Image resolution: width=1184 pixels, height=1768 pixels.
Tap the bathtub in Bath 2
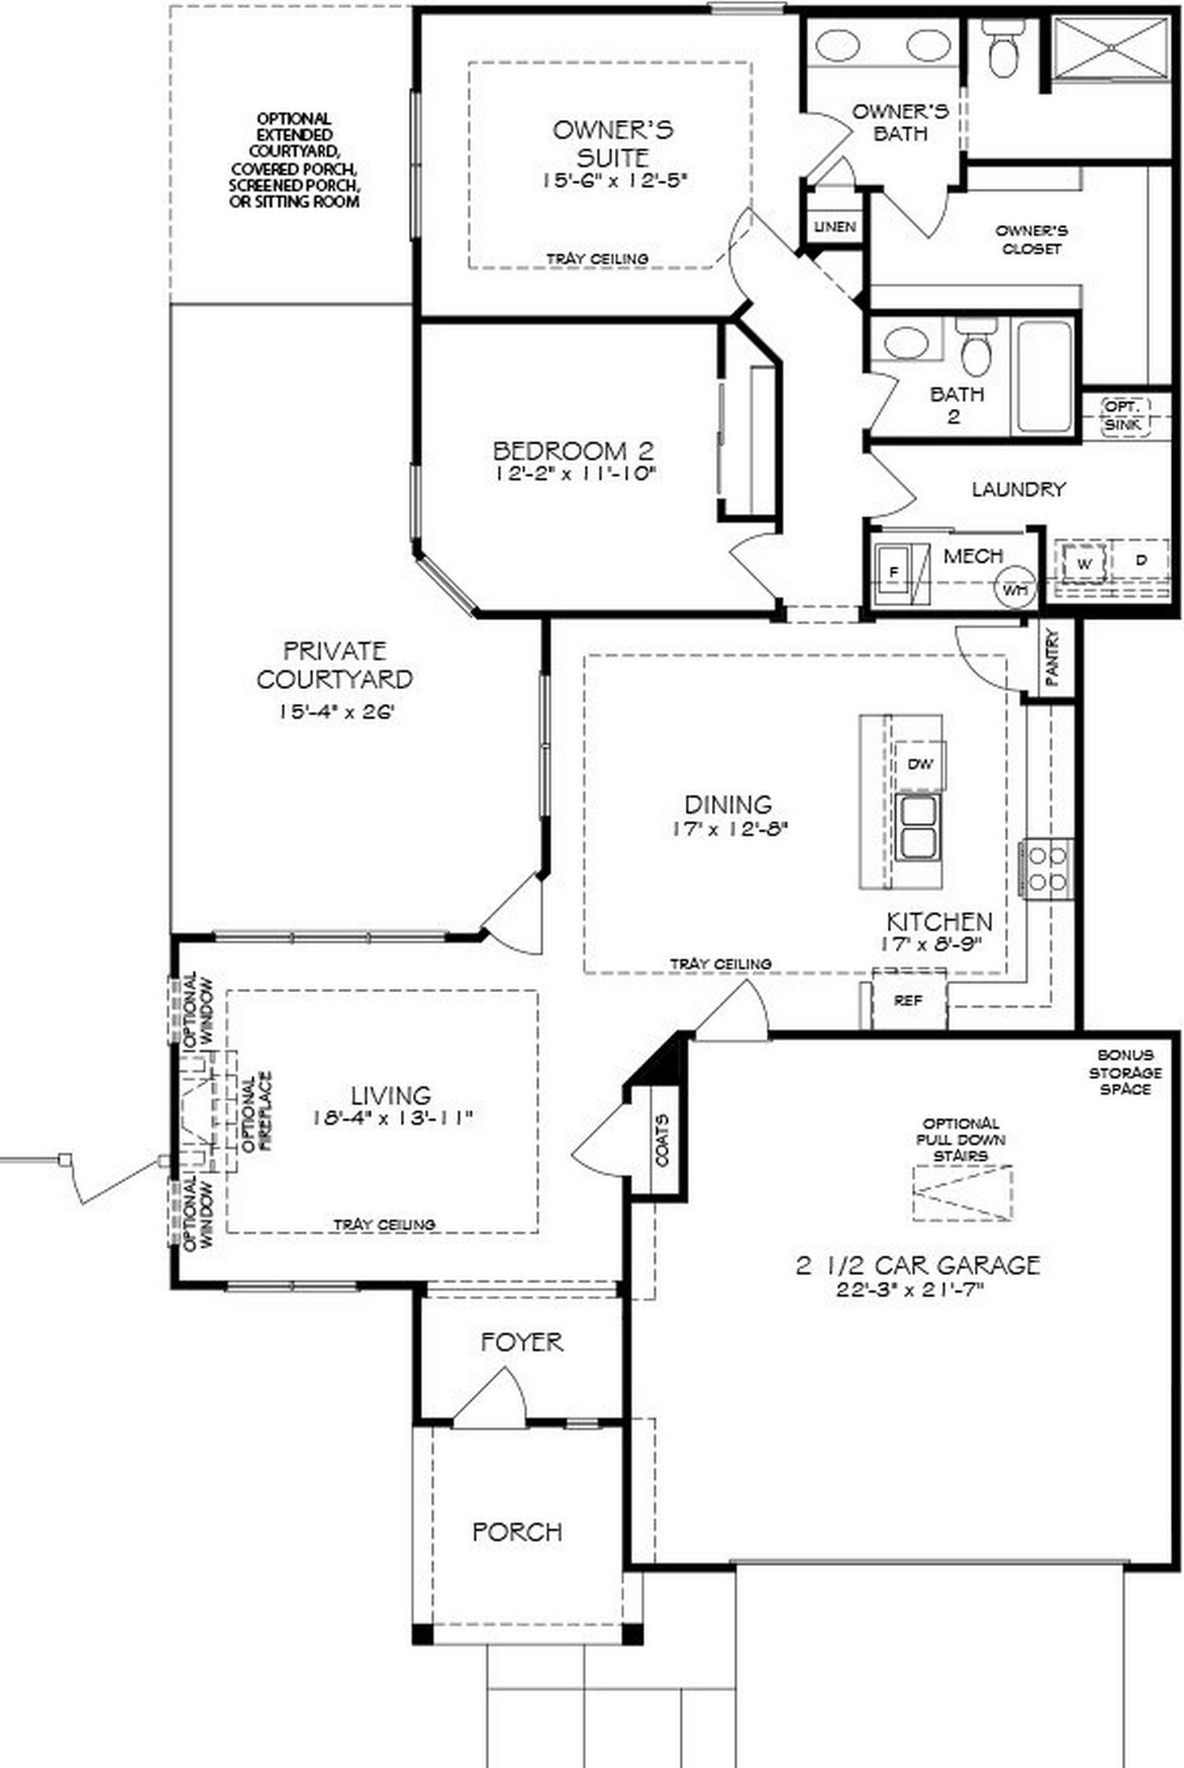point(1043,376)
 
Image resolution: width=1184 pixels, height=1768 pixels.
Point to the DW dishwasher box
point(920,764)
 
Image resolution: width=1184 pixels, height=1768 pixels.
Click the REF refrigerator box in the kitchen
point(908,1000)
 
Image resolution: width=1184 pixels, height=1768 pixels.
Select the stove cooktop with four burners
point(1047,869)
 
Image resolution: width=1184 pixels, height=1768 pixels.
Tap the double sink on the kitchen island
point(918,826)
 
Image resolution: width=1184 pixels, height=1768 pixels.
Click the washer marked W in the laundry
point(1084,563)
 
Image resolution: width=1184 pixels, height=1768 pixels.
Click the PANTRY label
point(1053,657)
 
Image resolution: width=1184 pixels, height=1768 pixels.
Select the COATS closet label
point(662,1141)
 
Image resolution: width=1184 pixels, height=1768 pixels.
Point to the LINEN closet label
point(834,227)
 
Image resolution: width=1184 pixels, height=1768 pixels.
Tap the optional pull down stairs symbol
point(962,1193)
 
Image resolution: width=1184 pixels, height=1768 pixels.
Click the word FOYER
point(522,1342)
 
